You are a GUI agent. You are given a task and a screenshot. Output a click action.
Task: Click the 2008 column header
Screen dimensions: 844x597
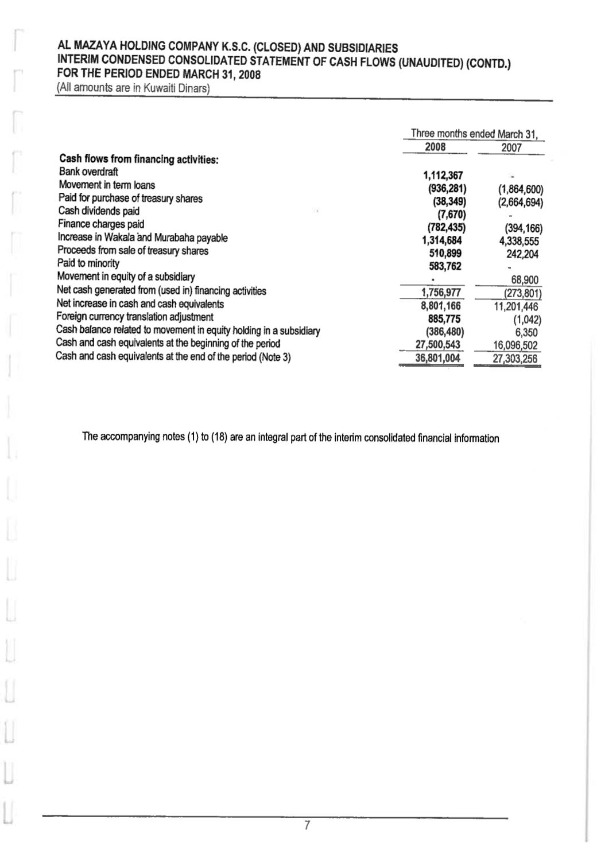[435, 147]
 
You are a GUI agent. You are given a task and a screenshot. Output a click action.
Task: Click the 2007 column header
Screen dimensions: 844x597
[511, 147]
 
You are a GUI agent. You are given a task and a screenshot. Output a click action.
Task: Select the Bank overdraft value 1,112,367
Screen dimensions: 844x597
[443, 176]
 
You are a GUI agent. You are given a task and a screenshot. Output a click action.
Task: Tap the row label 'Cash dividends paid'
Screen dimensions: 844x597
[99, 211]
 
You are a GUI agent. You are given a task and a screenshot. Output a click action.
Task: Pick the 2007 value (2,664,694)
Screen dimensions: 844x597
[520, 203]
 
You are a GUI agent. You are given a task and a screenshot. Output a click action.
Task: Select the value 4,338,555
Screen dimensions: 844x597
[519, 242]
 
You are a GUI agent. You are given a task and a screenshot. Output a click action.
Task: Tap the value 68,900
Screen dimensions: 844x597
[525, 280]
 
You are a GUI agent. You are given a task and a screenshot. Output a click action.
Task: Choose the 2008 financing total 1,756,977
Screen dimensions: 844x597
[441, 293]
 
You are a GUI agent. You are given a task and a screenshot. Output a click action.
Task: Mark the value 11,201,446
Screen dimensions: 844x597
[516, 307]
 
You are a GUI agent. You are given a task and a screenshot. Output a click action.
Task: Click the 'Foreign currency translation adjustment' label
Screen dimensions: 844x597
[135, 317]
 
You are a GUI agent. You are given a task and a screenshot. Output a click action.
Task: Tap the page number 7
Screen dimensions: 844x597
[307, 826]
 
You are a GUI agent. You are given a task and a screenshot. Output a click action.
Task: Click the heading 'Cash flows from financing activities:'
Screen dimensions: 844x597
[138, 159]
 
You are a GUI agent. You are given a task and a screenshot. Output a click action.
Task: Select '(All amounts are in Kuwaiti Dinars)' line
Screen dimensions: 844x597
[133, 89]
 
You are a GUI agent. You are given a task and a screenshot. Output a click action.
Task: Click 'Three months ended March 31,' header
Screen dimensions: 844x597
[475, 134]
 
